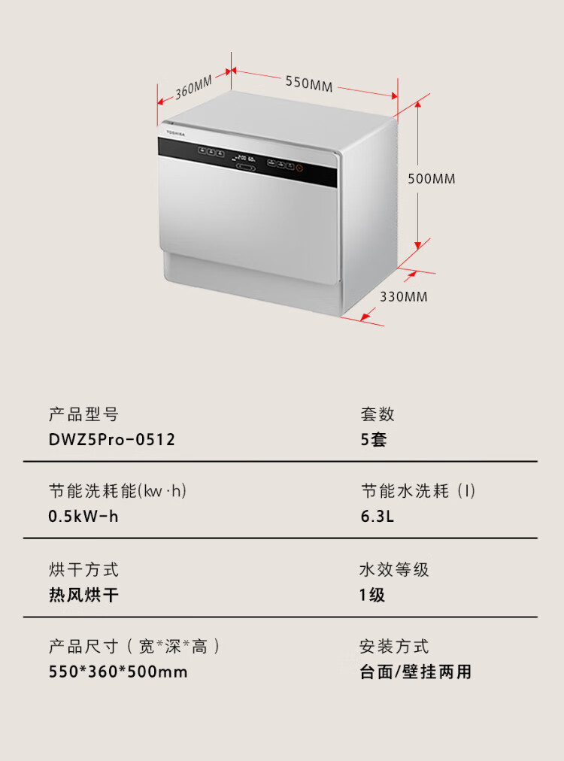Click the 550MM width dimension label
308,83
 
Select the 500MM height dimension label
431,179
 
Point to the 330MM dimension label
403,296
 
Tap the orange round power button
299,168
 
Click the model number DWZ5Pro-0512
112,440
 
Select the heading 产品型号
83,414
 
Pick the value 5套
374,440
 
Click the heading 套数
378,414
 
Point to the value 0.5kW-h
83,517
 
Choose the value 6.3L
378,517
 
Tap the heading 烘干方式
83,569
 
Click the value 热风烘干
83,595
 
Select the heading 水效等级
394,569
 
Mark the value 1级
372,595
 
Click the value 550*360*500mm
118,672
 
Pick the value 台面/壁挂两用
415,672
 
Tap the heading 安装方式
394,646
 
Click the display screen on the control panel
245,159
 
